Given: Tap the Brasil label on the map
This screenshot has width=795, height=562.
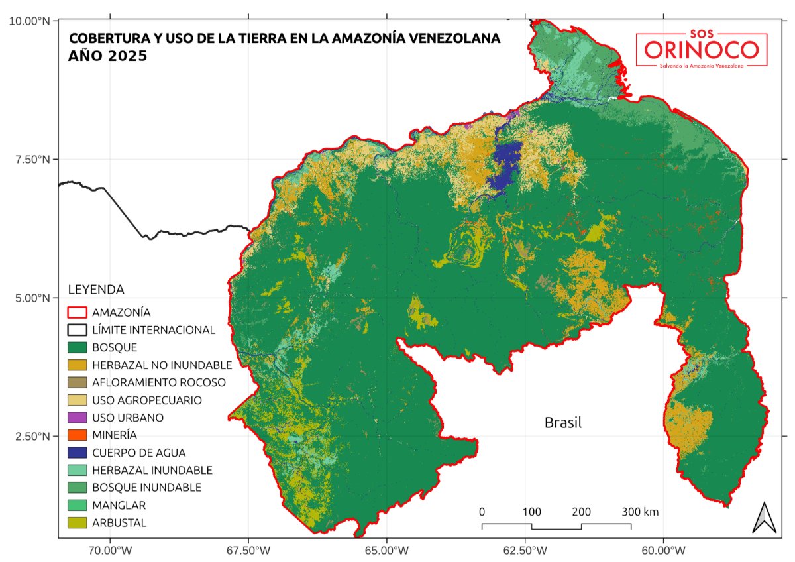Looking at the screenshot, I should (562, 423).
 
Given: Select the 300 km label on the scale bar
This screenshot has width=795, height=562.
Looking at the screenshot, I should (640, 512).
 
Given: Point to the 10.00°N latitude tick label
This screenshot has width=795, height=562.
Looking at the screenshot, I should (29, 21).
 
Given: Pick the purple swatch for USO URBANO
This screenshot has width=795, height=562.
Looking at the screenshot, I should (78, 418).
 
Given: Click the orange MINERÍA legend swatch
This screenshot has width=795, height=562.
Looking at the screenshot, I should (78, 435).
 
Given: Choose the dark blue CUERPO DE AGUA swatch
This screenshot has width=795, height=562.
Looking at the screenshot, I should (78, 453).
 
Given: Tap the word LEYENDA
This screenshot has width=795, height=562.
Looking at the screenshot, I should (96, 290).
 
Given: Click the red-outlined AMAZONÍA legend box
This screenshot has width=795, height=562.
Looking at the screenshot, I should (78, 312).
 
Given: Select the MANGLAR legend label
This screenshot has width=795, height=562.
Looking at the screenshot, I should (119, 505).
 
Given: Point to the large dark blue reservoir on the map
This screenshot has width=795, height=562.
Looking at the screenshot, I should (506, 162).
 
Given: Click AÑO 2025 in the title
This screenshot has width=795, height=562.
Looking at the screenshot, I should (108, 57).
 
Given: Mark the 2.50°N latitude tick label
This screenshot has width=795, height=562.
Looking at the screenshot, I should (32, 436).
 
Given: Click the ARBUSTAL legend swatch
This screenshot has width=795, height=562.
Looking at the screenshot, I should (78, 523).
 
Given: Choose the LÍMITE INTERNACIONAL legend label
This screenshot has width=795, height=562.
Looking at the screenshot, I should (154, 330).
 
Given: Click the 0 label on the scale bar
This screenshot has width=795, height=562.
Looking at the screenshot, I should (482, 512).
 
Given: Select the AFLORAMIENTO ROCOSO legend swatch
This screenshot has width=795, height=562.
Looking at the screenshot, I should (78, 382).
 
